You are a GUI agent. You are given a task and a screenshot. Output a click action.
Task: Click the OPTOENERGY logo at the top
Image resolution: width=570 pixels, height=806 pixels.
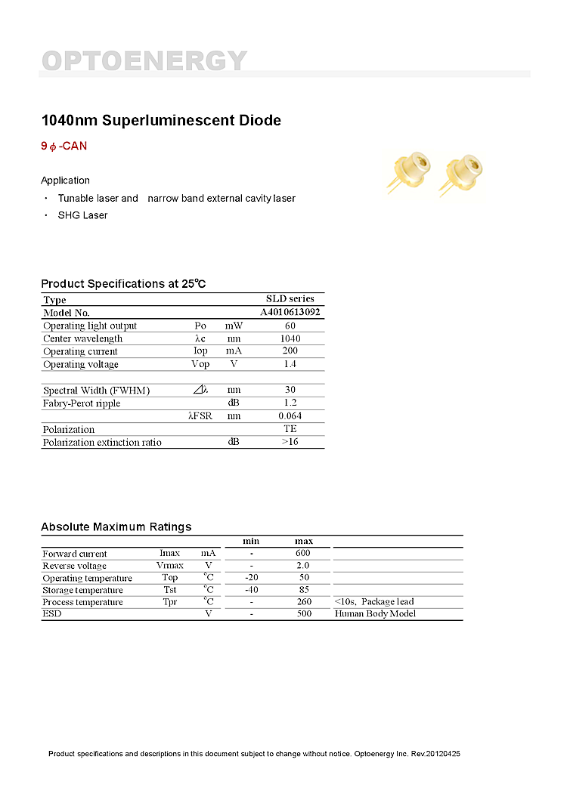(x=144, y=60)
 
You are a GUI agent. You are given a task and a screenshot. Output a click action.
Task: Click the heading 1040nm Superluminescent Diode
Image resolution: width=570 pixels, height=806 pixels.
(x=160, y=120)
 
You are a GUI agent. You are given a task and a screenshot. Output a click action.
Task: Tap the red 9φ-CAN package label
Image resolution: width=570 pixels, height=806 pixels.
(x=64, y=146)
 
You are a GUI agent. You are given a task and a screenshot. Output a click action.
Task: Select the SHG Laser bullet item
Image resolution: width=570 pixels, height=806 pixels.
(x=82, y=215)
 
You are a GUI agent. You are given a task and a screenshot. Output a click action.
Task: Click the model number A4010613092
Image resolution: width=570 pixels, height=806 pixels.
(x=290, y=312)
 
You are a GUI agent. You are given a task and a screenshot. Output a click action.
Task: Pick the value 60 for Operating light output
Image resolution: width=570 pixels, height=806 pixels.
(x=290, y=326)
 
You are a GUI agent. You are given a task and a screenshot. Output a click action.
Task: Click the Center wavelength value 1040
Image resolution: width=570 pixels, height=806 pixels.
(x=290, y=338)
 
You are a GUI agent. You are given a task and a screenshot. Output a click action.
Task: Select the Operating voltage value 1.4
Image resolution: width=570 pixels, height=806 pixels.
(x=290, y=364)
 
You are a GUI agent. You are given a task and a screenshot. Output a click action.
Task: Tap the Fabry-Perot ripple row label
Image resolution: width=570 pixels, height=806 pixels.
(x=82, y=403)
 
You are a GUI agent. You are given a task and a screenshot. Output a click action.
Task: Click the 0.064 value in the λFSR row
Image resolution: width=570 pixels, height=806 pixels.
(x=290, y=416)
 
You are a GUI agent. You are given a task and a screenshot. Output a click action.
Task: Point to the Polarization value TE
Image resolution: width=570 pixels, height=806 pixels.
(x=290, y=429)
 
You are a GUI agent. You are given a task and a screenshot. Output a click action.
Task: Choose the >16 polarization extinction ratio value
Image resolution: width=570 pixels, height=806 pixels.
(x=290, y=442)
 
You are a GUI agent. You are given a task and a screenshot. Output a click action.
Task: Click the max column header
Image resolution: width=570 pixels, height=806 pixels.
(x=303, y=541)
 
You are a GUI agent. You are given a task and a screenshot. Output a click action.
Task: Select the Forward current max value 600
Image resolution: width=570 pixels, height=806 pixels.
(x=303, y=553)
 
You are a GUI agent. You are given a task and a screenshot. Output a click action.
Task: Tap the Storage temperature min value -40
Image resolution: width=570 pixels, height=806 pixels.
(x=252, y=589)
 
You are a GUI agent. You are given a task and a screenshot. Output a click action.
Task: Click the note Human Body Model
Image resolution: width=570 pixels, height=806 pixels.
(x=375, y=613)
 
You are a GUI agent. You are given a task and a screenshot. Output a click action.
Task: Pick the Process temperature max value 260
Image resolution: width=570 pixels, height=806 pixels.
(x=303, y=601)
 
